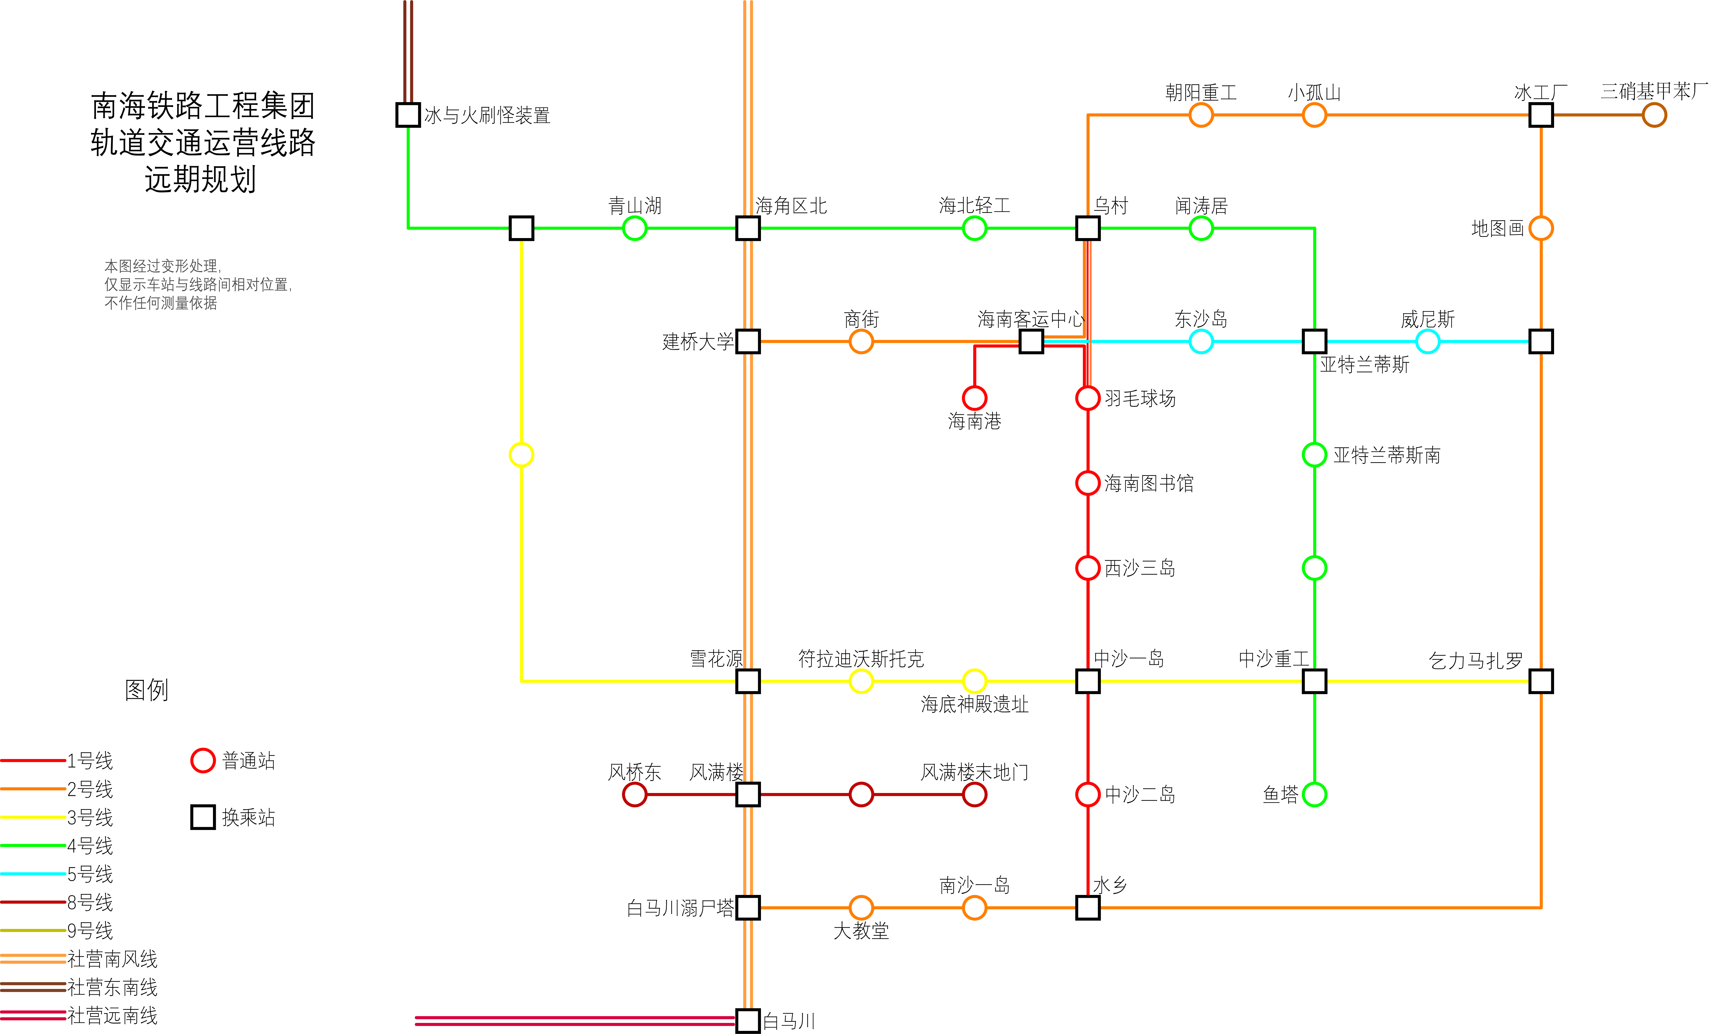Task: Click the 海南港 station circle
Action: (974, 398)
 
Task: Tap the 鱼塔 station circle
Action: (1314, 795)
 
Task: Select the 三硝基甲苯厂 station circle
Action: (1654, 115)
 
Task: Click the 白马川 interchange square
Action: (748, 1021)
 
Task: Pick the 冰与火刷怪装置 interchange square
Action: (408, 115)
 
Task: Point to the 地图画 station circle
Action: (1541, 228)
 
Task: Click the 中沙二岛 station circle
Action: (1088, 795)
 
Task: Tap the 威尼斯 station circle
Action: (1427, 341)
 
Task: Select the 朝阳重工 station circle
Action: (1201, 115)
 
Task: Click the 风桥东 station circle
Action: (635, 795)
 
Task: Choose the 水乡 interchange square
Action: (1088, 908)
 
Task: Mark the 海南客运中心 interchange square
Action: (1031, 341)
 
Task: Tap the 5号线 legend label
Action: (90, 874)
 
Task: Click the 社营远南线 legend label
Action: (112, 1015)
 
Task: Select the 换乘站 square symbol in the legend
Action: (202, 817)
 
